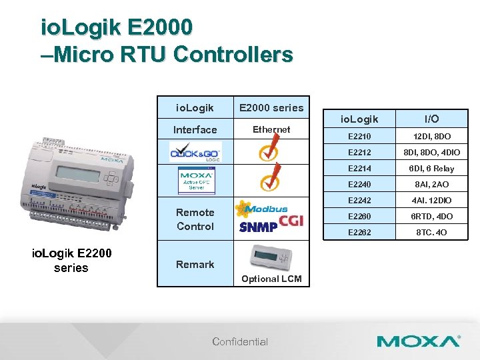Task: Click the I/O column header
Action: tap(431, 119)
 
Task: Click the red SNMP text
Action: tap(259, 227)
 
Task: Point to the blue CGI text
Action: tap(291, 220)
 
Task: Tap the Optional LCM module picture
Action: tap(271, 258)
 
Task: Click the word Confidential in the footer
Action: tap(240, 342)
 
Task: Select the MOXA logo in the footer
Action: tap(418, 341)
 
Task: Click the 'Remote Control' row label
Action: tap(195, 219)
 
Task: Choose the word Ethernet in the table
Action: tap(271, 129)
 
